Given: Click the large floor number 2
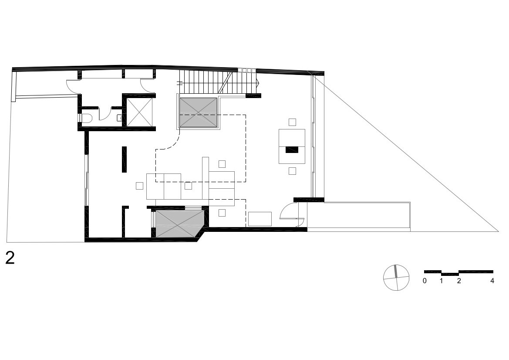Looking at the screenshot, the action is pyautogui.click(x=10, y=258).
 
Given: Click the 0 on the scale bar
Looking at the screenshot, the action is pyautogui.click(x=425, y=281).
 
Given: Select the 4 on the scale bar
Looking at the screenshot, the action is pyautogui.click(x=492, y=281).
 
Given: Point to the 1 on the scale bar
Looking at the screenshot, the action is pyautogui.click(x=442, y=281).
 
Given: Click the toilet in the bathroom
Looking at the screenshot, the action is pyautogui.click(x=86, y=118).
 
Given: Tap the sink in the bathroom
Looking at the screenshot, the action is pyautogui.click(x=119, y=118).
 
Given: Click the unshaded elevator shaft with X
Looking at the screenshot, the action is pyautogui.click(x=139, y=112).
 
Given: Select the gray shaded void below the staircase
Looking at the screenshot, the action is pyautogui.click(x=199, y=112).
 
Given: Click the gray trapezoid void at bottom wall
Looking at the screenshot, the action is pyautogui.click(x=179, y=224).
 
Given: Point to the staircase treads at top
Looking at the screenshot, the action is pyautogui.click(x=219, y=82).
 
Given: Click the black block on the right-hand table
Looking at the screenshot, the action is pyautogui.click(x=292, y=149).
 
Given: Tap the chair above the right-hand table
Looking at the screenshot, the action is pyautogui.click(x=292, y=122).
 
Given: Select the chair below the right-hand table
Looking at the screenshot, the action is pyautogui.click(x=292, y=170).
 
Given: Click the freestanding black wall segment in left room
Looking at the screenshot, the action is pyautogui.click(x=125, y=159).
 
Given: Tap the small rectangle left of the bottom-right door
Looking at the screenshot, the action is pyautogui.click(x=260, y=219).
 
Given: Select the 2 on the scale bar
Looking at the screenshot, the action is pyautogui.click(x=458, y=281).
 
